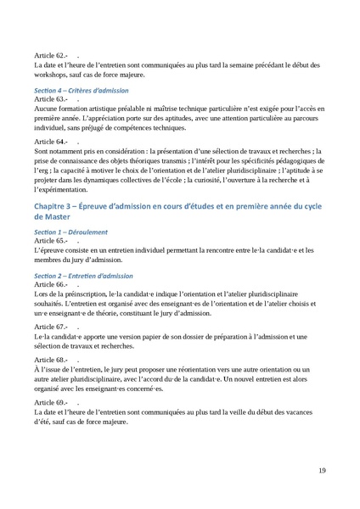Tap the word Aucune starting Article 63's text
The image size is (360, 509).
pos(48,110)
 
